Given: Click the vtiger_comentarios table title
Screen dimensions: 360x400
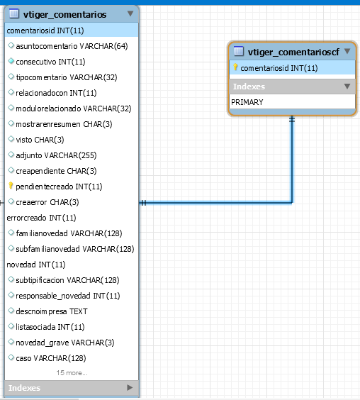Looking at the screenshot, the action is (x=64, y=15).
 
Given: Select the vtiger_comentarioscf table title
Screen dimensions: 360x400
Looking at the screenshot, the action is (x=293, y=52).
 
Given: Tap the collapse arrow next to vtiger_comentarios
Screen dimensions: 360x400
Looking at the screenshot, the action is (x=130, y=13).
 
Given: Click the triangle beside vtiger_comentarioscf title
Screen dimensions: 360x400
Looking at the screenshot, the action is (x=347, y=51).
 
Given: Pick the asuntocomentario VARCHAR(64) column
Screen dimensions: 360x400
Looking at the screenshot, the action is (x=72, y=46).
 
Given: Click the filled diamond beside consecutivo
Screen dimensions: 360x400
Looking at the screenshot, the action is (x=11, y=61).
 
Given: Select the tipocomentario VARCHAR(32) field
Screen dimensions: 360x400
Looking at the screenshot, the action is (x=67, y=77).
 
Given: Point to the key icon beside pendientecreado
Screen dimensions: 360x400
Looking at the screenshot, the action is (x=11, y=185).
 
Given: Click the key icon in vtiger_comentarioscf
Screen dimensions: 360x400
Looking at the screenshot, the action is (x=235, y=67).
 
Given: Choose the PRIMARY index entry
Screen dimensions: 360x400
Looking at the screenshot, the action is (x=247, y=102).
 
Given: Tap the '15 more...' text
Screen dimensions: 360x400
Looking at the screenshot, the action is (x=72, y=373).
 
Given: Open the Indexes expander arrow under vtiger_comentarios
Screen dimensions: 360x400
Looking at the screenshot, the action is (x=130, y=388).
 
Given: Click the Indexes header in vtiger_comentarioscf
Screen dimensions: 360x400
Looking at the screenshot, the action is (x=249, y=87).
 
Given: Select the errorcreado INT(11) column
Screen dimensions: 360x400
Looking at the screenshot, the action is (x=41, y=218).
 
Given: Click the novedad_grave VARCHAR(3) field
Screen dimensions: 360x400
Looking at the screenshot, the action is (x=65, y=343).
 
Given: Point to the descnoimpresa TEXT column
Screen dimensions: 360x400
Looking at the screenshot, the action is (x=52, y=311).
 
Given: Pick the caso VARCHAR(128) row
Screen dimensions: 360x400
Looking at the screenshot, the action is (x=51, y=358).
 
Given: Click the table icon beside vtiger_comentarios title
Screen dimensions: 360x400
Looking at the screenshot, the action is (x=14, y=13).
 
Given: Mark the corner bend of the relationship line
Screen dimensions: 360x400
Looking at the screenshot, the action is (x=292, y=203).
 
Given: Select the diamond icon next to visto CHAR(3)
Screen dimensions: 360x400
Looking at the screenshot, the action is (x=11, y=139).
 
